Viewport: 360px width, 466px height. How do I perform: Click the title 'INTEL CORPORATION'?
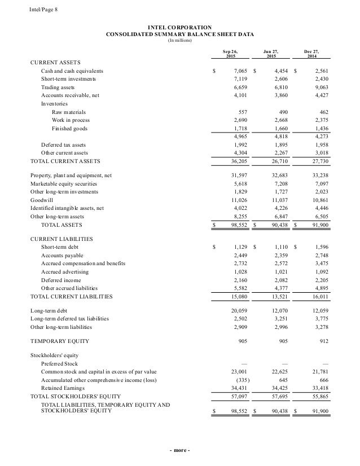[x=180, y=27]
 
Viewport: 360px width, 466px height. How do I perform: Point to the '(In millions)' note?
[x=180, y=40]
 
